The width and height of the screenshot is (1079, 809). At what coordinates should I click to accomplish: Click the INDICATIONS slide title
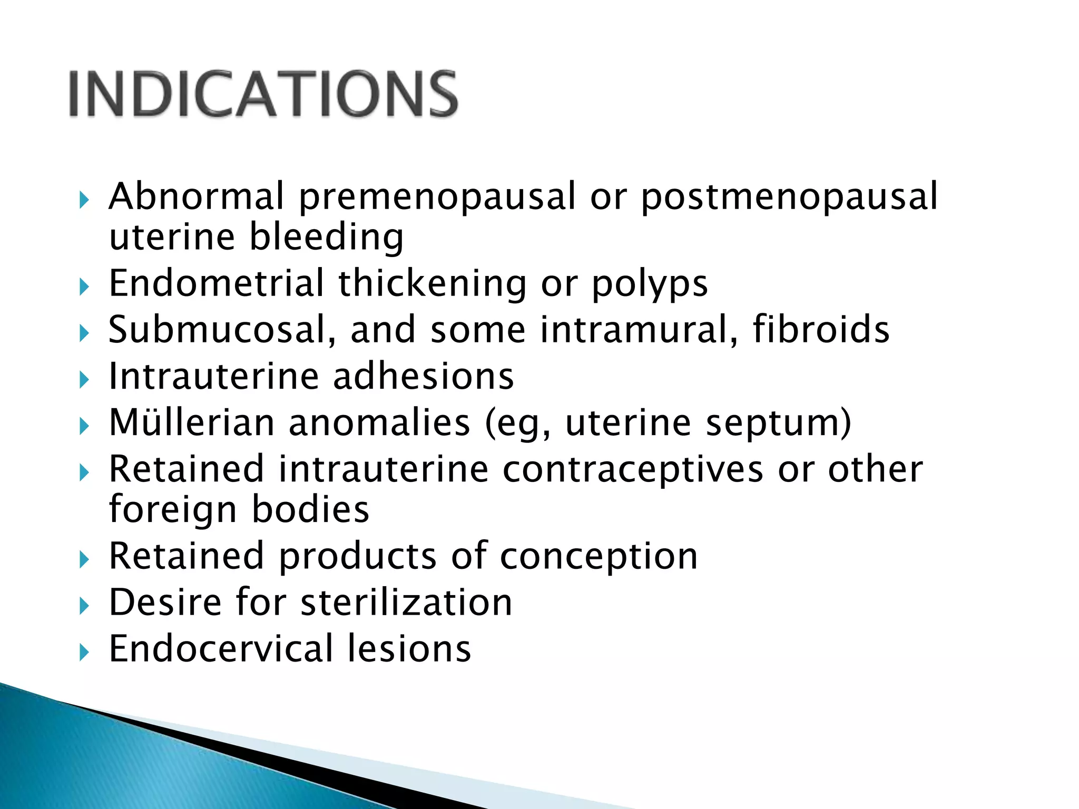coord(263,94)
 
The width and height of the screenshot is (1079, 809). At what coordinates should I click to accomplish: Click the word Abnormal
coord(196,196)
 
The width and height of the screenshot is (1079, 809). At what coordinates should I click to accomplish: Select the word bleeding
coord(326,238)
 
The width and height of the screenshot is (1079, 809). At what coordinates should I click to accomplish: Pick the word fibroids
coord(821,330)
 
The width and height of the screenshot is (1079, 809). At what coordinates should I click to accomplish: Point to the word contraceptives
coord(633,469)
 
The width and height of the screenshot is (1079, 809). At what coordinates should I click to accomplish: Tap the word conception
coord(599,557)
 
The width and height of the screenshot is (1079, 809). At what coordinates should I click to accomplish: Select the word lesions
coord(409,648)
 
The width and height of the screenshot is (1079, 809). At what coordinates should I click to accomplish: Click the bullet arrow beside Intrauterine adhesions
coord(84,379)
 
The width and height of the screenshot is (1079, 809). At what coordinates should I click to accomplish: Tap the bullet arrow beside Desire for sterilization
coord(84,606)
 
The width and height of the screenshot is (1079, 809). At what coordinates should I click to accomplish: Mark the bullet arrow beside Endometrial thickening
coord(84,287)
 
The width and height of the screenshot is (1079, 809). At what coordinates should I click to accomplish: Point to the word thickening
coord(432,285)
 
